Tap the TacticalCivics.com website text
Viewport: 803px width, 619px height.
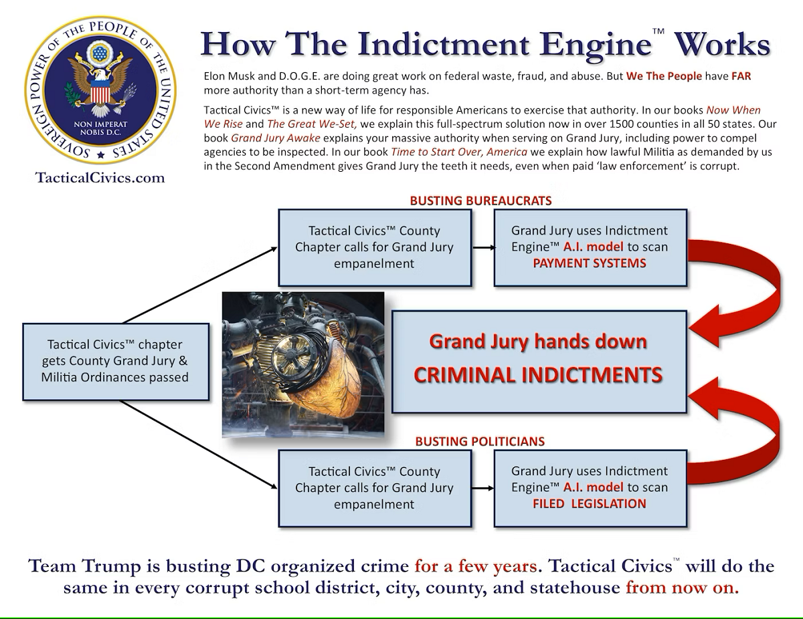tap(100, 178)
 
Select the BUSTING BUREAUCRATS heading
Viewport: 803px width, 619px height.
tap(480, 201)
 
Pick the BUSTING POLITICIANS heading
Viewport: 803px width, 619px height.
tap(480, 441)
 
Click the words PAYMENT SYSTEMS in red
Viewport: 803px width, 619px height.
tap(589, 263)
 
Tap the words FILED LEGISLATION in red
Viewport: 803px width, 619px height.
tap(589, 504)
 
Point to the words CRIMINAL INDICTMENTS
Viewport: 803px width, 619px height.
tap(538, 374)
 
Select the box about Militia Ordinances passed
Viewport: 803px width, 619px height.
tap(116, 361)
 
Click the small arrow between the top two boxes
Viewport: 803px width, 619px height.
tap(483, 247)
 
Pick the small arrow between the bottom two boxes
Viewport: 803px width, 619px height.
tap(483, 488)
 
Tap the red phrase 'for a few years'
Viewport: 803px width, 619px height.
tap(476, 567)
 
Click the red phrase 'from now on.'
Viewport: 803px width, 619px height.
tap(682, 589)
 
